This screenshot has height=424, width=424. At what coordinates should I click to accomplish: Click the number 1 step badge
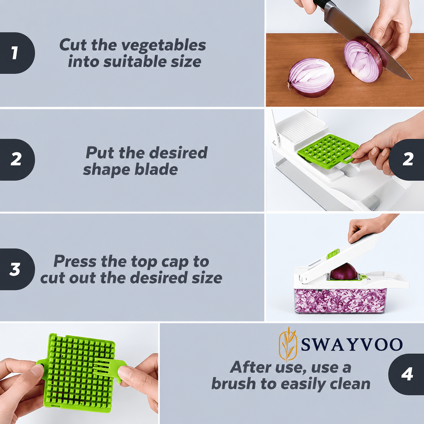(17, 53)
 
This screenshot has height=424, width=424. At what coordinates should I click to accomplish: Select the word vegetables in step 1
(164, 45)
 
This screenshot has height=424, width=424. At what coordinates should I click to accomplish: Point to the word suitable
(135, 62)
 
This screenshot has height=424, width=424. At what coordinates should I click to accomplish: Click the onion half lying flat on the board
(311, 78)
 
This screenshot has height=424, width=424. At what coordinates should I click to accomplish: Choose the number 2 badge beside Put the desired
(17, 159)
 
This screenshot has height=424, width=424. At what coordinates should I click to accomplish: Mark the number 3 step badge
(17, 269)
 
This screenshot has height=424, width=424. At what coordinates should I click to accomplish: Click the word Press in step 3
(75, 261)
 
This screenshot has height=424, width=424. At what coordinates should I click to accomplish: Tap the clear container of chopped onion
(340, 301)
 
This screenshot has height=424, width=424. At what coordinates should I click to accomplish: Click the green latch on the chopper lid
(333, 254)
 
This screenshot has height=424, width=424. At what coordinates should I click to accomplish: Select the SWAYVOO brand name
(352, 344)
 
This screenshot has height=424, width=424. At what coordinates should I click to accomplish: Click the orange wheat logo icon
(288, 344)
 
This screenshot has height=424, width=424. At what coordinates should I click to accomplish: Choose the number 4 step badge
(407, 374)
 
